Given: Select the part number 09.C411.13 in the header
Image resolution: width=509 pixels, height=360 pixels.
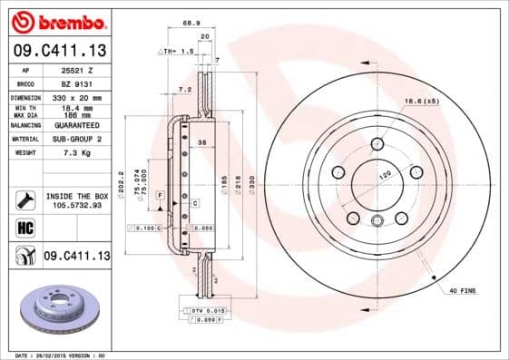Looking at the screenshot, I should click(x=57, y=53).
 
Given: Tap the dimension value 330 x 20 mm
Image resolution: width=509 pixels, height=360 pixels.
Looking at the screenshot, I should click(x=73, y=97).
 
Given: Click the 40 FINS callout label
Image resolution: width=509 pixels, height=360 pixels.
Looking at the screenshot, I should click(x=462, y=290).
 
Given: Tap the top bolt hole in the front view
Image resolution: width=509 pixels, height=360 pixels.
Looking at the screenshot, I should click(x=377, y=143).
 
